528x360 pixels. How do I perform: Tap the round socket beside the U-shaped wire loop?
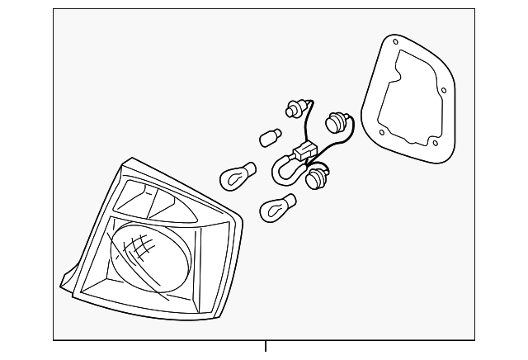(x=314, y=177)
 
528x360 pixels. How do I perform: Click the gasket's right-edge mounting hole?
(x=443, y=91)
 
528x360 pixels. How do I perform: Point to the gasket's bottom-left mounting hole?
(x=379, y=130)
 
